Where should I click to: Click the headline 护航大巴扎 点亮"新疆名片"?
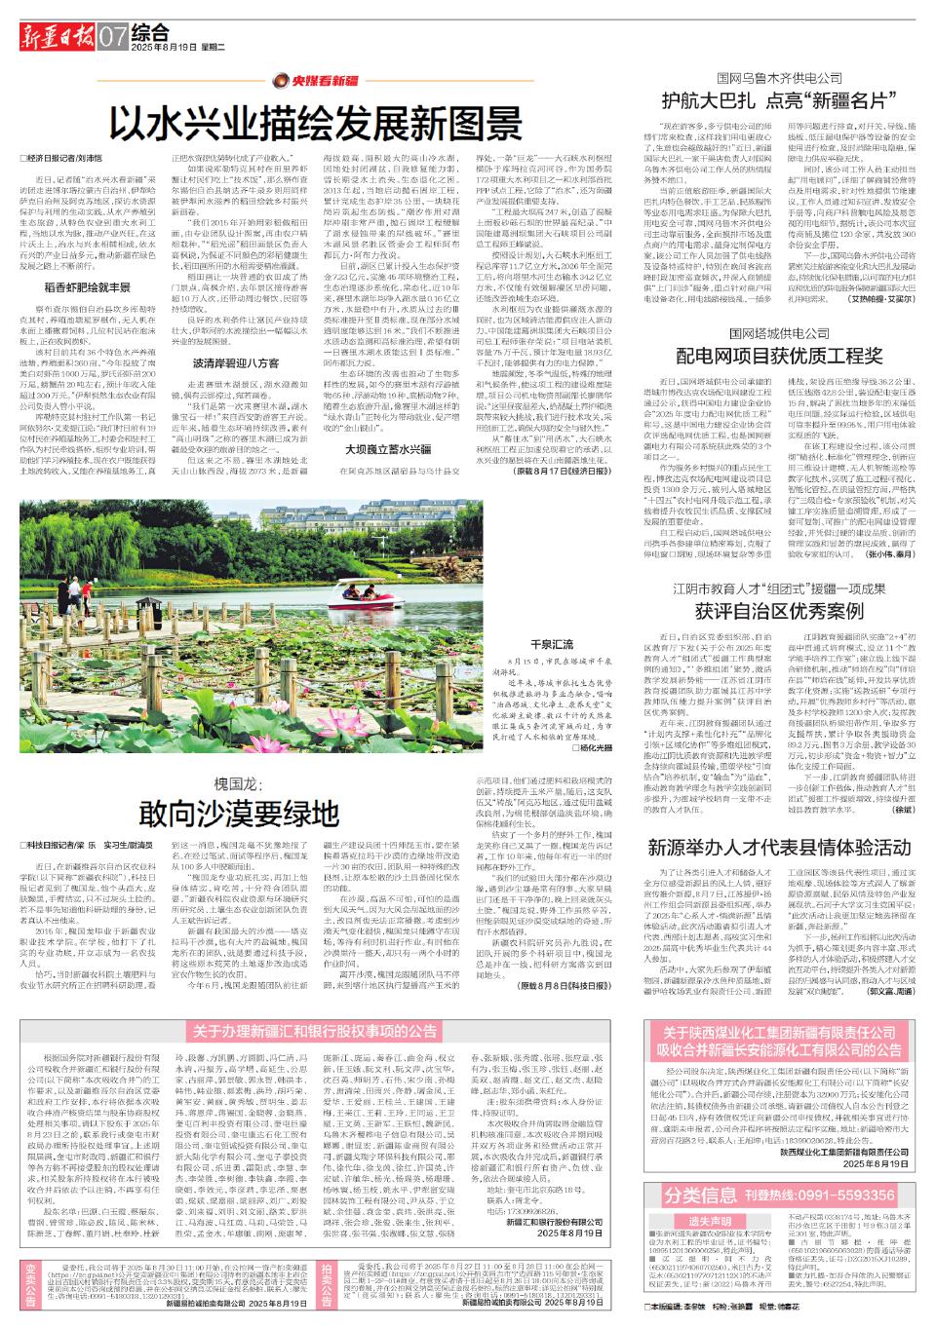pos(778,100)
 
